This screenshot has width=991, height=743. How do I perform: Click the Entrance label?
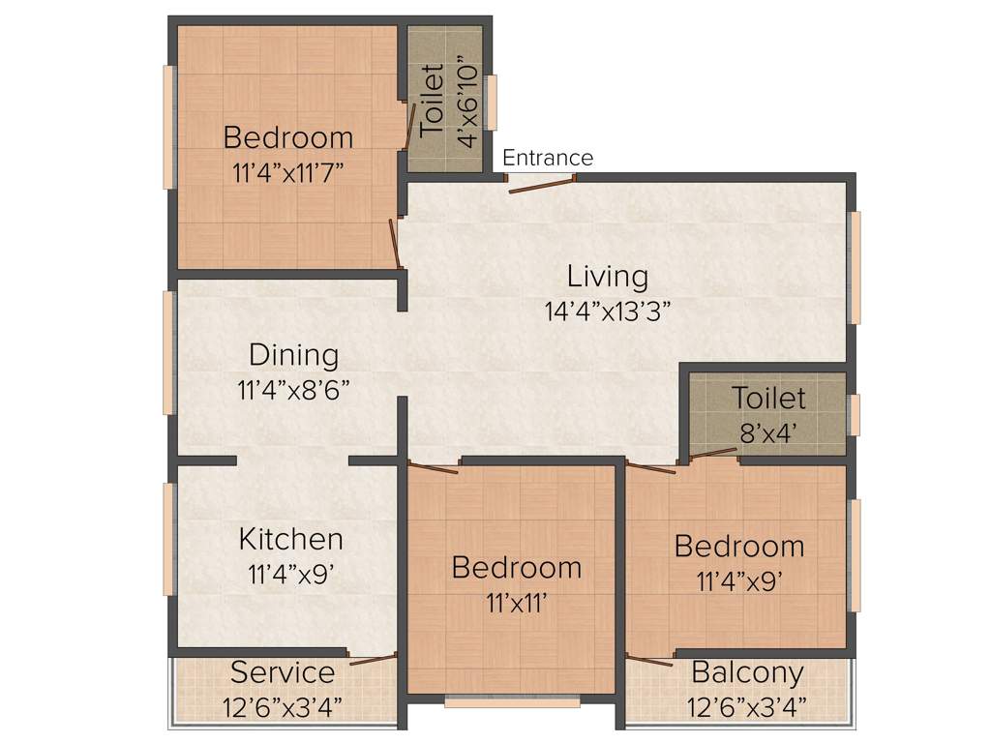click(548, 158)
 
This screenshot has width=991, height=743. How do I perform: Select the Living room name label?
click(607, 277)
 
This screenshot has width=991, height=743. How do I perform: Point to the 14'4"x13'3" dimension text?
click(607, 312)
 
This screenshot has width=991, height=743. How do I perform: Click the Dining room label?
click(293, 355)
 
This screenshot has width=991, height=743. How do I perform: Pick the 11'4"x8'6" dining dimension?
click(293, 390)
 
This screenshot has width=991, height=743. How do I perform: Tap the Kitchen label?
click(290, 539)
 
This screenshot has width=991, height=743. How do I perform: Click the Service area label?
click(283, 671)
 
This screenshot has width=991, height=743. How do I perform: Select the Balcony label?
click(747, 671)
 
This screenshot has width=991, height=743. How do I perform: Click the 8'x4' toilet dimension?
click(768, 432)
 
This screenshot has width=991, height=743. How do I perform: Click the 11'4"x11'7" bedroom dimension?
click(288, 174)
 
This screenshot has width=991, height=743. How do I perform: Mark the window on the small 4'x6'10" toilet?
click(492, 103)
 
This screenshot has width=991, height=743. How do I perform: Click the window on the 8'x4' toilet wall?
click(854, 415)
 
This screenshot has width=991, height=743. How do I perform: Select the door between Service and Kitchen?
click(374, 660)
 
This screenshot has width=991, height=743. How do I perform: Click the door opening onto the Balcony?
click(649, 661)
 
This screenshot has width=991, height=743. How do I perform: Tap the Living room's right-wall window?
click(855, 268)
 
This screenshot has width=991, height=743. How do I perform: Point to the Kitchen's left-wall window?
click(168, 539)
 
